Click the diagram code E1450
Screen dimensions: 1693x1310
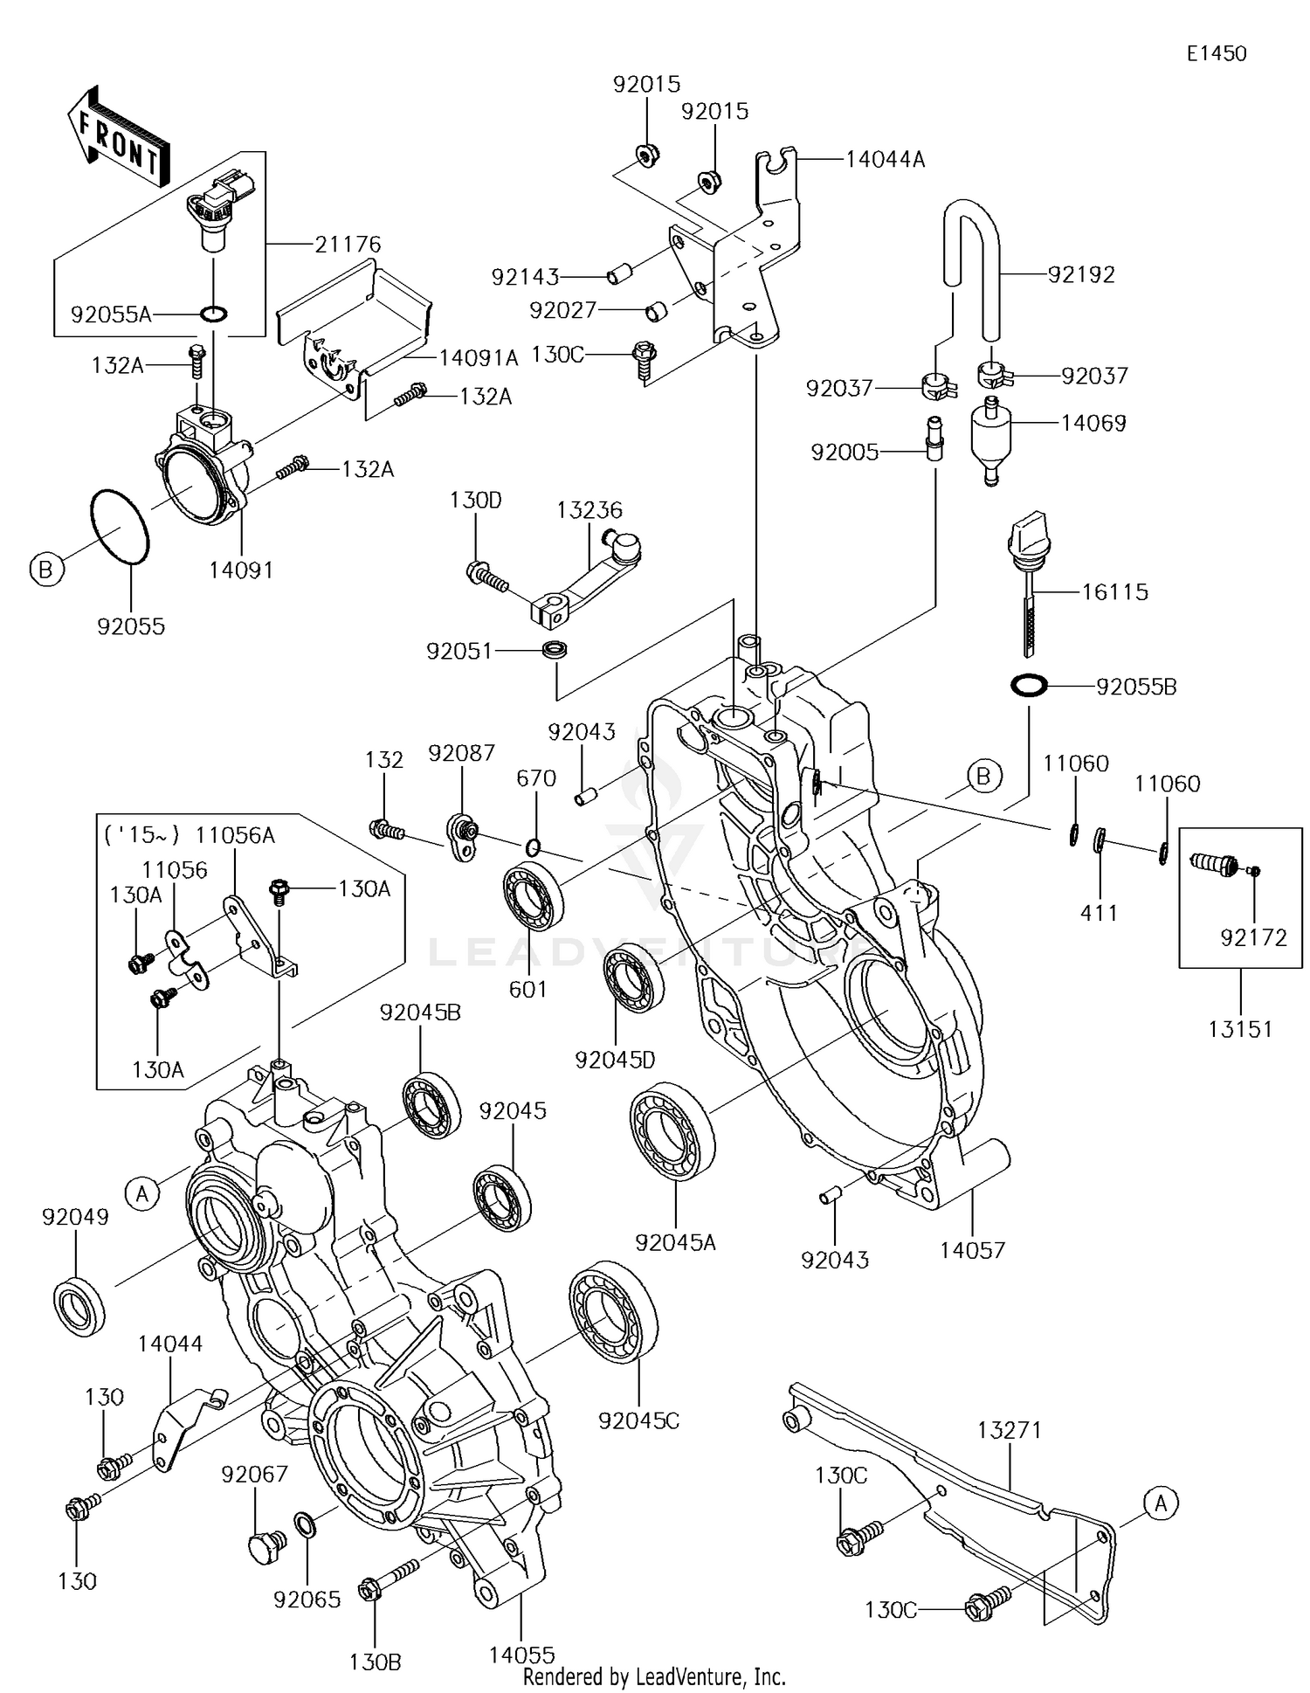[x=1216, y=53]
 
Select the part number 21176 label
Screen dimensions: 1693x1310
[x=348, y=244]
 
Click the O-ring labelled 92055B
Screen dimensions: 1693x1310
[x=1028, y=686]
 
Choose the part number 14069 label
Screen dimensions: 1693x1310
[x=1093, y=423]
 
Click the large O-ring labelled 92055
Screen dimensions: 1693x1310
[x=121, y=527]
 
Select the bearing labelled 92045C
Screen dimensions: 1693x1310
[x=613, y=1311]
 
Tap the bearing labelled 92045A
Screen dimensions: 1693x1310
[x=672, y=1130]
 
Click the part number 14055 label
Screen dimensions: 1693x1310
[x=521, y=1655]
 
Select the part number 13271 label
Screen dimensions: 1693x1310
[x=1009, y=1430]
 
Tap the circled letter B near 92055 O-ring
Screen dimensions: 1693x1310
[x=45, y=570]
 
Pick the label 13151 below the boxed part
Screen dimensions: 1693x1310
[x=1240, y=1029]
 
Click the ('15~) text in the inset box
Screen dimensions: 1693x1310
[x=141, y=835]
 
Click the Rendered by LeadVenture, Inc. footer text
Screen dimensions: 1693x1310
[x=654, y=1676]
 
